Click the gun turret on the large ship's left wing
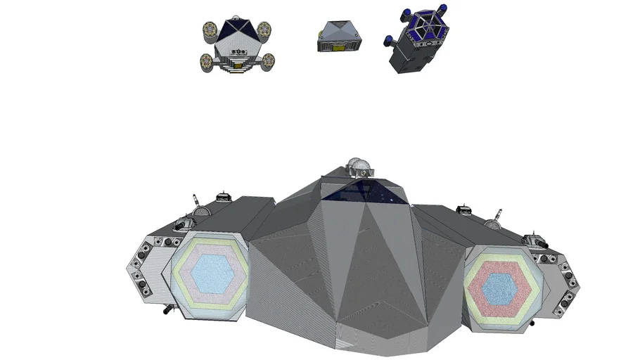tap(181, 223)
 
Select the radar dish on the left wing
tap(200, 212)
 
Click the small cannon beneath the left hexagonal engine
tap(167, 307)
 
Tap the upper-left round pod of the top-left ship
tap(209, 30)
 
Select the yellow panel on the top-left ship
tap(238, 65)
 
